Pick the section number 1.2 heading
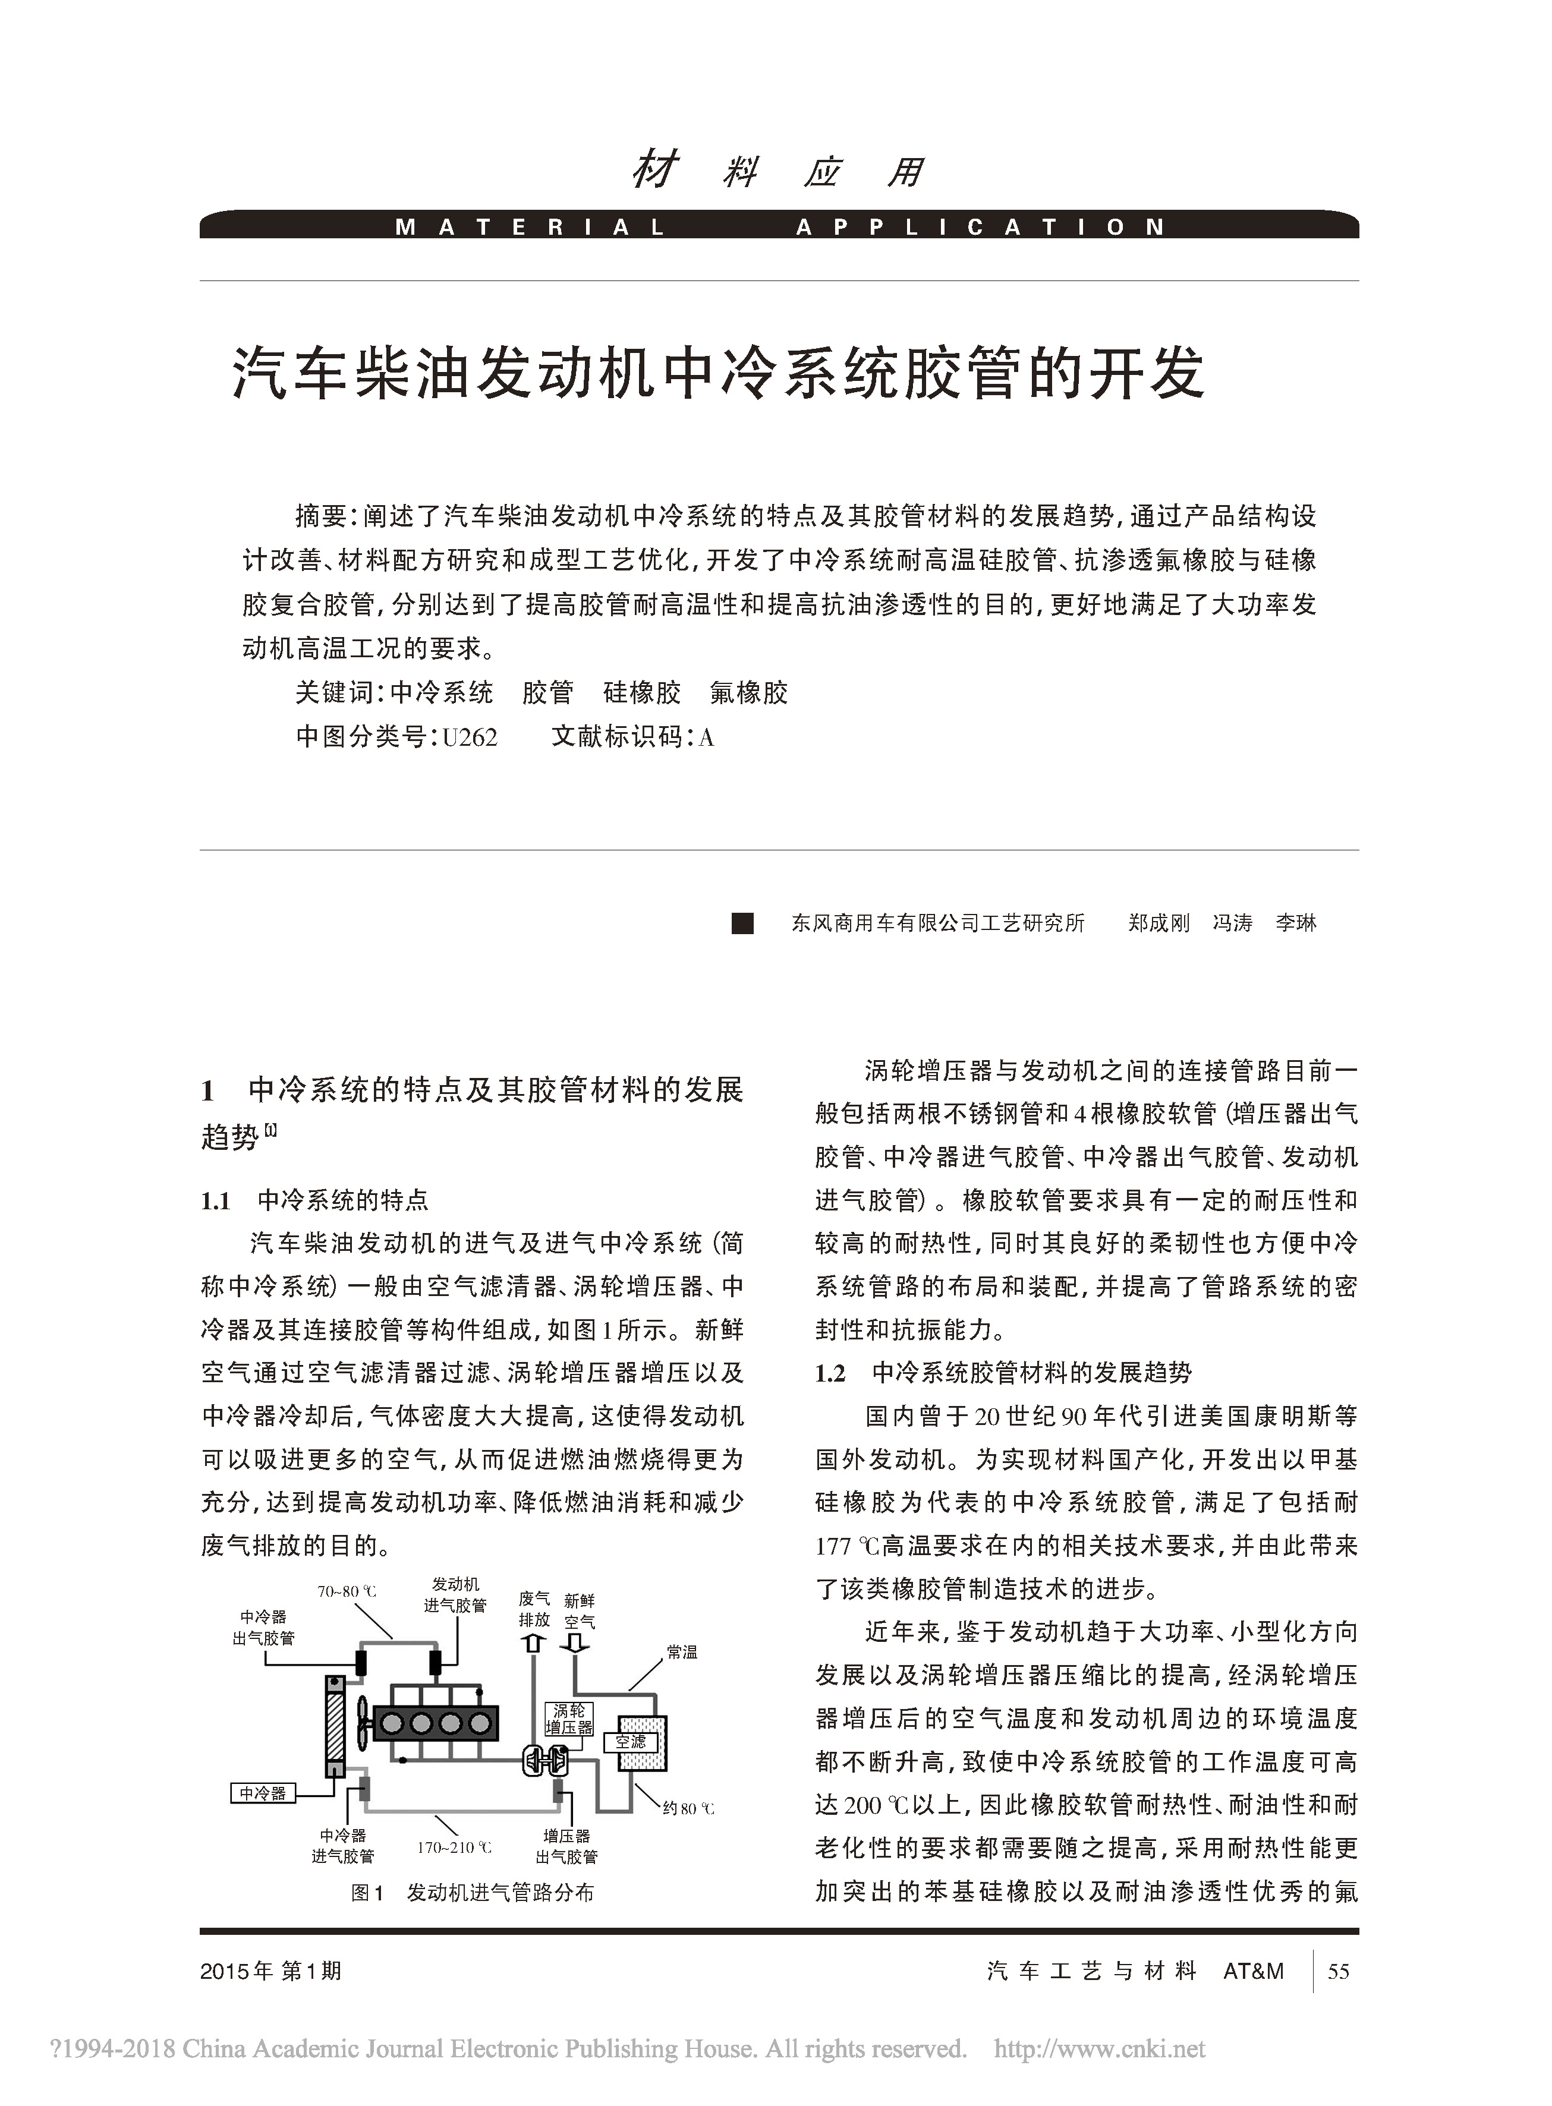click(830, 1373)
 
